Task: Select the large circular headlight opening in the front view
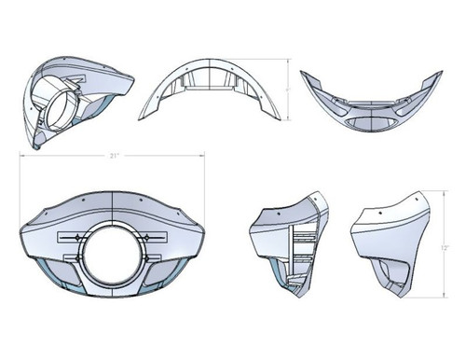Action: [110, 249]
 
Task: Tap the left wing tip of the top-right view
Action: [304, 74]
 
